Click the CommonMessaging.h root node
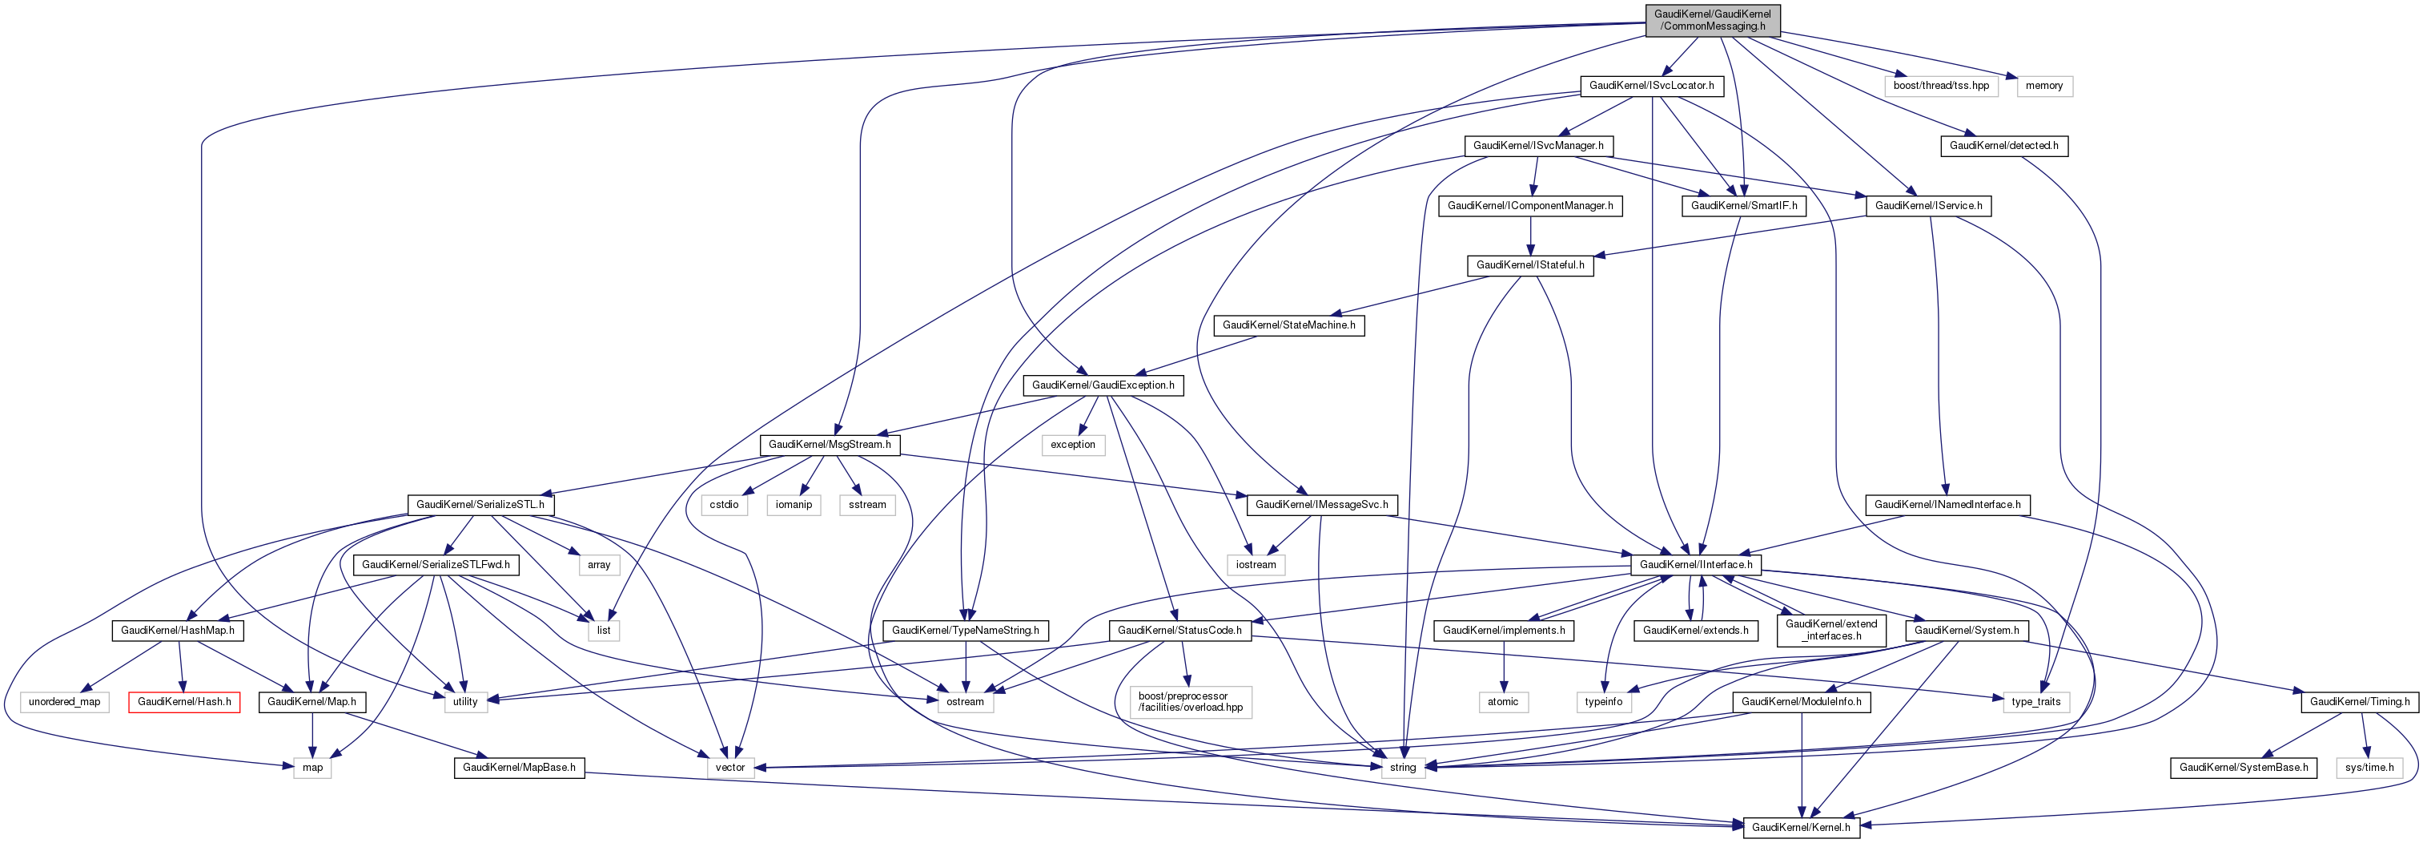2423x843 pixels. [1712, 20]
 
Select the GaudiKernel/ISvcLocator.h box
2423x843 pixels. [1651, 86]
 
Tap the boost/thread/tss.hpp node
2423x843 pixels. [1940, 86]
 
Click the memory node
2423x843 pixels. [2044, 86]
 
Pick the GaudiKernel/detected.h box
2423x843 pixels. [2003, 146]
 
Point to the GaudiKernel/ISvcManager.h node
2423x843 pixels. [1538, 146]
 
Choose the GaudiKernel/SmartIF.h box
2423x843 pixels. [1743, 206]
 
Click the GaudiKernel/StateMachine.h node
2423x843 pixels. [1288, 325]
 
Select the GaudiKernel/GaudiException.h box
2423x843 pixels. [1103, 385]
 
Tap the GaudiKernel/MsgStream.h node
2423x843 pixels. [829, 445]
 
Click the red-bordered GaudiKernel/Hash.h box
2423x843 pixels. [183, 702]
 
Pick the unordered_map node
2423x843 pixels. [64, 702]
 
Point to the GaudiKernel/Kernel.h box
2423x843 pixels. [1800, 828]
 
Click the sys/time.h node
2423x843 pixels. [2369, 768]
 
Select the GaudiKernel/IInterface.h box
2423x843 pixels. [1695, 564]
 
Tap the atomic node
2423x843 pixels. [1502, 702]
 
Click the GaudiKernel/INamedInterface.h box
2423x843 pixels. [1947, 505]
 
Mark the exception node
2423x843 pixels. [1072, 445]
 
